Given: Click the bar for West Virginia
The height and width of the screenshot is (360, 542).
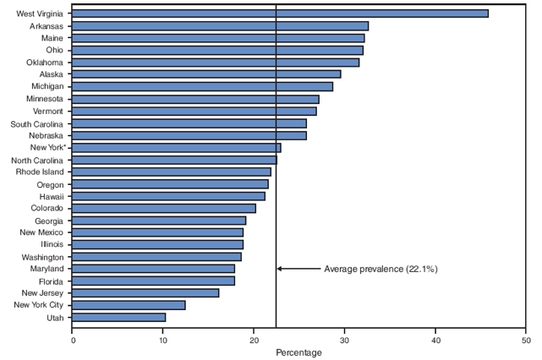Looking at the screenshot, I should pos(280,14).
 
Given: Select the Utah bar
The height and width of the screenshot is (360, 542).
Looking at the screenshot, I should pos(119,317).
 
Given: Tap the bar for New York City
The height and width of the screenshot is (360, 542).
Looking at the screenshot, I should pos(129,305).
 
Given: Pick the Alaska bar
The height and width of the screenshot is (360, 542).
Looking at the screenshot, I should pos(206,74).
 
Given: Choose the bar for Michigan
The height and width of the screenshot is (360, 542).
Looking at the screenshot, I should pos(203,86).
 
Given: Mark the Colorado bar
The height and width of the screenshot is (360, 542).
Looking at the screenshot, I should pos(164,208).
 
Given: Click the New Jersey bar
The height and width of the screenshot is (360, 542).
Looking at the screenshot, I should pos(145,293).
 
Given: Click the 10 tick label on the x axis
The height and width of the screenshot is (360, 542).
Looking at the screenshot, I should pos(163,341).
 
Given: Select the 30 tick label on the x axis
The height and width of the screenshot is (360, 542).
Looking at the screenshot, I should pos(345,341).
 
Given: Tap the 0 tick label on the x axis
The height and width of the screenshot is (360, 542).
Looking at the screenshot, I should pos(73,341).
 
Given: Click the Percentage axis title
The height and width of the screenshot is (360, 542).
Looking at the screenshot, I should pos(298,352).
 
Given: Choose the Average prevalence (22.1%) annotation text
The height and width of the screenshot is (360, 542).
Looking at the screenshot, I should pos(380,269).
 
